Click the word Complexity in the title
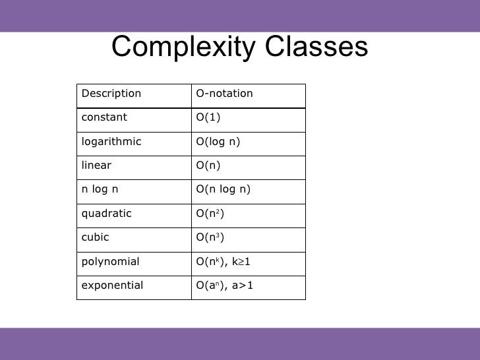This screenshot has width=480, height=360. pyautogui.click(x=184, y=47)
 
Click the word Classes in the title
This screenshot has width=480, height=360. pyautogui.click(x=316, y=46)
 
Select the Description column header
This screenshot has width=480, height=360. pyautogui.click(x=111, y=94)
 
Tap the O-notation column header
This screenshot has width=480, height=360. pyautogui.click(x=224, y=94)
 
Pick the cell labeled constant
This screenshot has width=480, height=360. pyautogui.click(x=104, y=117)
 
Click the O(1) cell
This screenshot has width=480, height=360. pyautogui.click(x=208, y=117)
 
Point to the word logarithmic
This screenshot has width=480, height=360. pyautogui.click(x=111, y=141)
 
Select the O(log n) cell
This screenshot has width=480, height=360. pyautogui.click(x=218, y=142)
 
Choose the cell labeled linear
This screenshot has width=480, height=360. pyautogui.click(x=96, y=165)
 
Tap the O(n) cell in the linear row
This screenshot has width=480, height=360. pyautogui.click(x=208, y=165)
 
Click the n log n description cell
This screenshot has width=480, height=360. pyautogui.click(x=100, y=189)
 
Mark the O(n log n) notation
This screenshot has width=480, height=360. pyautogui.click(x=223, y=189)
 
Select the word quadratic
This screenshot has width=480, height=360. pyautogui.click(x=107, y=214)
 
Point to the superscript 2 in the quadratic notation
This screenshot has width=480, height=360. pyautogui.click(x=218, y=211)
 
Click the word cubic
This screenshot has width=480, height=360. pyautogui.click(x=95, y=237)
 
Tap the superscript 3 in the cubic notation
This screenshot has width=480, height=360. pyautogui.click(x=218, y=235)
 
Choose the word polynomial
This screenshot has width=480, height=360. pyautogui.click(x=110, y=262)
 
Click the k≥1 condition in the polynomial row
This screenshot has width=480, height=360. pyautogui.click(x=241, y=261)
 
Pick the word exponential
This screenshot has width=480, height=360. pyautogui.click(x=112, y=285)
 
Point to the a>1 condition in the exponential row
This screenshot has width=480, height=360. pyautogui.click(x=243, y=285)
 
